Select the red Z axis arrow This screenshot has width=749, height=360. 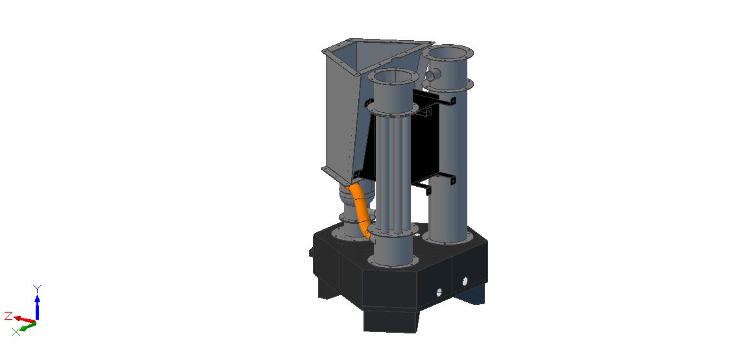pyautogui.click(x=24, y=319)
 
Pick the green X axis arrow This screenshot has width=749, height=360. pyautogui.click(x=28, y=326)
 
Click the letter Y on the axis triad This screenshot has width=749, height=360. pyautogui.click(x=37, y=289)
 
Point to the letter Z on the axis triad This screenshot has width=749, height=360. pyautogui.click(x=8, y=316)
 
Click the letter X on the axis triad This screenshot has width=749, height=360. pyautogui.click(x=16, y=332)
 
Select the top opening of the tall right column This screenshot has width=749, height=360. pyautogui.click(x=448, y=51)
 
